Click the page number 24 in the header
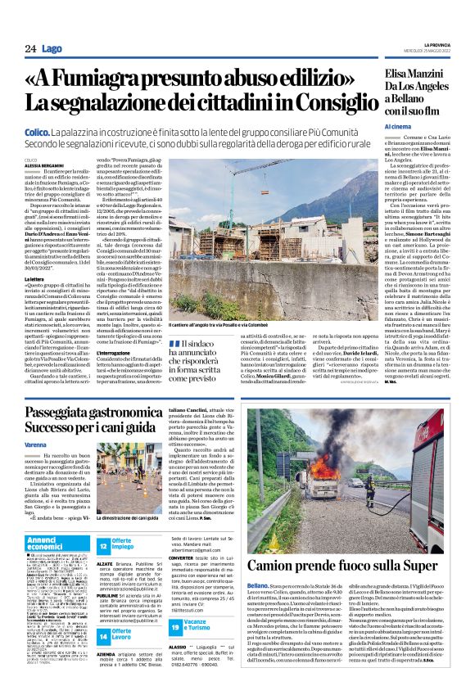pos(29,50)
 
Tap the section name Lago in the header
pos(52,50)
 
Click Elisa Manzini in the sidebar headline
pos(413,74)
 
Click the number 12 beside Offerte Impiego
pos(103,545)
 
